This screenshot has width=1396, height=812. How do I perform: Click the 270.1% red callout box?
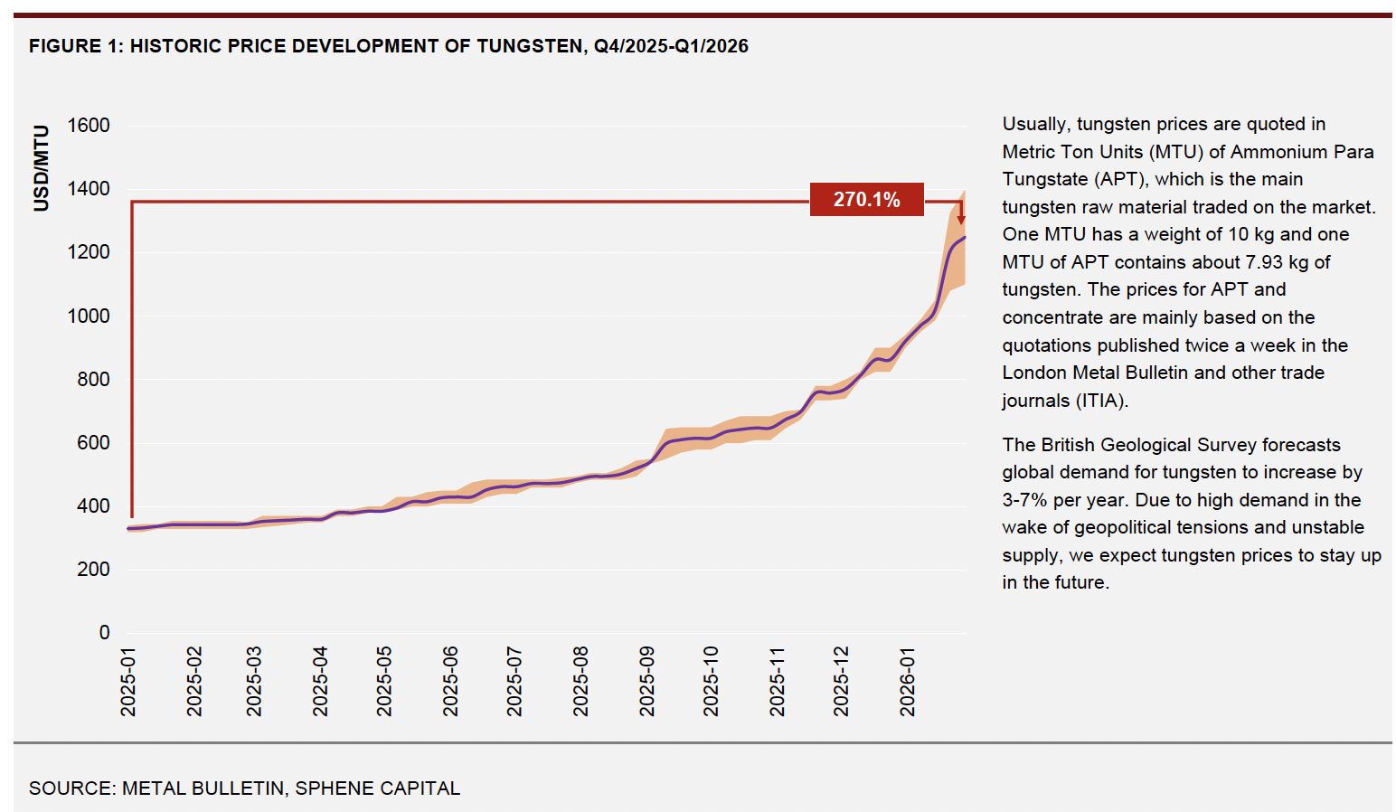pos(866,199)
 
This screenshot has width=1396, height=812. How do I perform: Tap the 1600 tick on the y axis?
pos(89,126)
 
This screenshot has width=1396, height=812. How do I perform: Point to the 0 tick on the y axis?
pos(104,633)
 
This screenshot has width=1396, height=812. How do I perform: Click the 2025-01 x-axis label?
pos(128,681)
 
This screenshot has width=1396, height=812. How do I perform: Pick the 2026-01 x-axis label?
pos(908,681)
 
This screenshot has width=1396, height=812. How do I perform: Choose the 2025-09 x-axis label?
pos(646,681)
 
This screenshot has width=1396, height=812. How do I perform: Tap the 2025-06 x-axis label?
pos(450,681)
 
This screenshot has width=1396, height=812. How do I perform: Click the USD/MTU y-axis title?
pos(41,168)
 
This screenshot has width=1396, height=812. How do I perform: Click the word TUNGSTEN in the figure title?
pos(529,46)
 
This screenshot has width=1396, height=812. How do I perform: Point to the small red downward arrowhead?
pos(961,219)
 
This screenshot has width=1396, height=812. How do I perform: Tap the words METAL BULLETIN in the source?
pos(203,788)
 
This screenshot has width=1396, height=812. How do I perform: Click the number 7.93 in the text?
pos(1259,262)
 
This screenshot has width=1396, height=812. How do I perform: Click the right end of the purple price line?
pos(965,237)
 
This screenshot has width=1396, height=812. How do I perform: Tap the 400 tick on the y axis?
pos(93,506)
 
